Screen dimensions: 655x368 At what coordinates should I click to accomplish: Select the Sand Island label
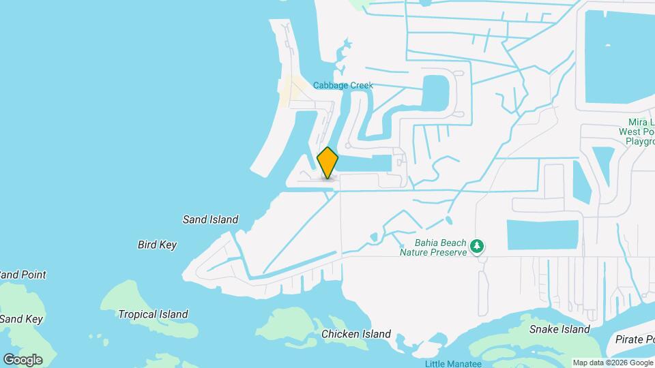210,219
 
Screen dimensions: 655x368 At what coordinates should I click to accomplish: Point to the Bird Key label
157,245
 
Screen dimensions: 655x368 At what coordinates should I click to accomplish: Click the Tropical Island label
153,314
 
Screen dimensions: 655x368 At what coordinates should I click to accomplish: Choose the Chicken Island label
356,334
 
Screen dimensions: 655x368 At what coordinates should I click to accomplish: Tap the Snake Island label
559,329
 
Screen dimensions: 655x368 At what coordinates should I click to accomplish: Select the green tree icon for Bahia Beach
478,245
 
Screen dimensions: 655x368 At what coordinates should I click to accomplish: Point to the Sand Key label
20,319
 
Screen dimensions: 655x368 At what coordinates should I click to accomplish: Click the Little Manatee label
453,363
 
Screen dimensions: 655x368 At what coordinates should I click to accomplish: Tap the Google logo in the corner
23,360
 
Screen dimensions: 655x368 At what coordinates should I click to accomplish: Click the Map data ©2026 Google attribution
613,363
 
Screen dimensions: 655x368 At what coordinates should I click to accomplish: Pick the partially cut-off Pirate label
634,339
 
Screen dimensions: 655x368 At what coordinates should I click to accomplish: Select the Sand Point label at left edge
23,275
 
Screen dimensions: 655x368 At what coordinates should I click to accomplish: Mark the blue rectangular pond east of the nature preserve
542,234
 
